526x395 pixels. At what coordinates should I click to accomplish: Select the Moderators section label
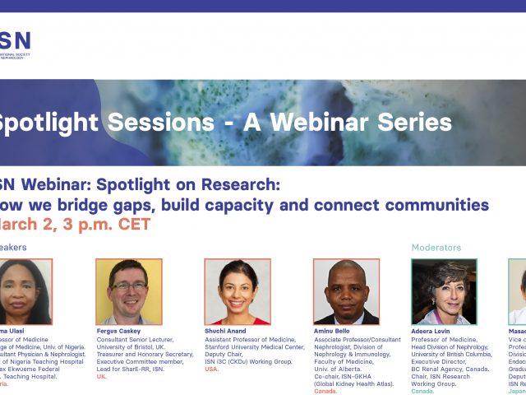pyautogui.click(x=436, y=247)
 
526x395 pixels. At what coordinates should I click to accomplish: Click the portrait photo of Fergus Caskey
pyautogui.click(x=128, y=291)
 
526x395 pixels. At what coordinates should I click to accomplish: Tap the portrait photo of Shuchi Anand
pyautogui.click(x=237, y=291)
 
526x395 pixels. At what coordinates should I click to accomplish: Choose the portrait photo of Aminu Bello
pyautogui.click(x=346, y=291)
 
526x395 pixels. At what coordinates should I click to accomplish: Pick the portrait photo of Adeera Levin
pyautogui.click(x=444, y=291)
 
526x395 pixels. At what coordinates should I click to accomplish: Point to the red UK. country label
pyautogui.click(x=102, y=376)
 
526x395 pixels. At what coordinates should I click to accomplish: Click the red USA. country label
pyautogui.click(x=212, y=369)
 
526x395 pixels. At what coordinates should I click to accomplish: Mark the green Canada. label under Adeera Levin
pyautogui.click(x=422, y=391)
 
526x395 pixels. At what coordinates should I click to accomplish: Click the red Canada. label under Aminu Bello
pyautogui.click(x=326, y=391)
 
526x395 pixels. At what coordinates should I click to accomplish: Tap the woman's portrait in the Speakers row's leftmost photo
pyautogui.click(x=25, y=291)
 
